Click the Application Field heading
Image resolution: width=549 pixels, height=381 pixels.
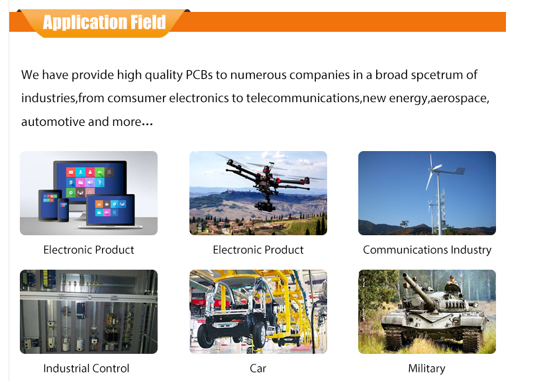tap(104, 23)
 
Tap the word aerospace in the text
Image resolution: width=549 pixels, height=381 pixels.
tap(460, 98)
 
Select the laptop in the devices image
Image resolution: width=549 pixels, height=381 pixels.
tap(113, 211)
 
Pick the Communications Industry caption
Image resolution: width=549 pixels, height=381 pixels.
tap(426, 250)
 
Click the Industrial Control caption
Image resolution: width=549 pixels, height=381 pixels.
tap(86, 368)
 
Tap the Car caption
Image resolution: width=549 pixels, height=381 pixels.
tap(258, 368)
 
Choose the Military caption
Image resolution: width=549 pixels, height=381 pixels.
tap(426, 368)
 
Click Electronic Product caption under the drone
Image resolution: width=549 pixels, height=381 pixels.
tap(258, 250)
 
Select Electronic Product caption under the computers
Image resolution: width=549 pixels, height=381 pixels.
tap(89, 250)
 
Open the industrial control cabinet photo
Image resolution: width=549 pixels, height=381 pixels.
tap(89, 311)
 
